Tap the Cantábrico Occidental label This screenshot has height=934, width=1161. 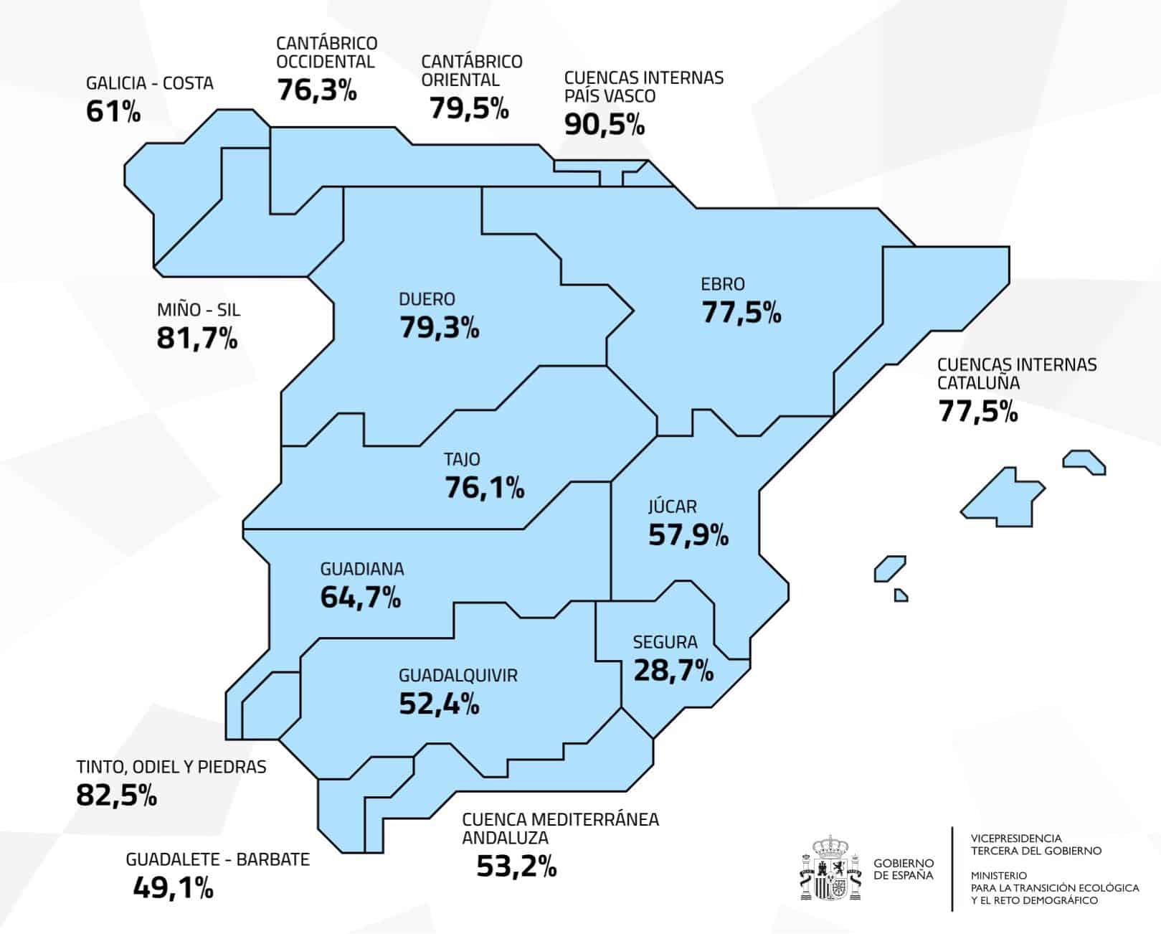pos(326,52)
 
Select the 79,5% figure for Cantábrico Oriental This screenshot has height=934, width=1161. pos(469,108)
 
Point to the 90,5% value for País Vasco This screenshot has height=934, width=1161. pos(605,124)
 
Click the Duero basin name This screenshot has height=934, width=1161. pos(427,299)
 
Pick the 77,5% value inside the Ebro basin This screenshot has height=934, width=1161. pos(741,313)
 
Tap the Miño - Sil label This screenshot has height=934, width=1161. pos(199,310)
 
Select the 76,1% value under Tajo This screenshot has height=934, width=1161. pos(485,488)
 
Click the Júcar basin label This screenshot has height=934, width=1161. pos(672,506)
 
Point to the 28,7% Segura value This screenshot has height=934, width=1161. pos(673,670)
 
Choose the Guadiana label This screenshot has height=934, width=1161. pos(361,569)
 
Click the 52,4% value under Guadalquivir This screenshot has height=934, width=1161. pos(439,704)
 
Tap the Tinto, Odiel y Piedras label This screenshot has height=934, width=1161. pos(171,767)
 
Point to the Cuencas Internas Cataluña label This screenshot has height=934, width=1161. pos(1016,373)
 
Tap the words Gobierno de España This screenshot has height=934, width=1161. pos(903,869)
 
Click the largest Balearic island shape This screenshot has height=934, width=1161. pos(1000,496)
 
